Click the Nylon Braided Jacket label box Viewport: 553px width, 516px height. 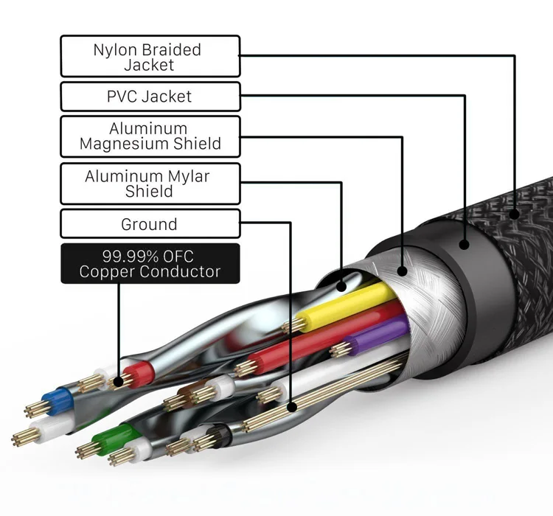150,57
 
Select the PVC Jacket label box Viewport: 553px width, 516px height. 150,97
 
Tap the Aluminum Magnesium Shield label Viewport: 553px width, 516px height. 150,136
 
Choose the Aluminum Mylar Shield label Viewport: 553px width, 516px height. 150,184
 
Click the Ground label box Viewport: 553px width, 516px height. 150,224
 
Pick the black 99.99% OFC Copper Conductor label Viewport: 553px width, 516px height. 150,264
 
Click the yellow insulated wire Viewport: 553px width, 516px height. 347,306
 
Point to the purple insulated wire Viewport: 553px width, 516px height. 376,335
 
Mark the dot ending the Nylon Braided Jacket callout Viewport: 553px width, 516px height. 514,215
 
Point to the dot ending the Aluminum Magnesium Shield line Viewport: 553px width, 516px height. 402,271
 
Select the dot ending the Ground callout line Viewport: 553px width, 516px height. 292,405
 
